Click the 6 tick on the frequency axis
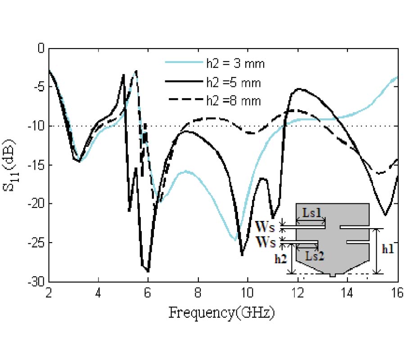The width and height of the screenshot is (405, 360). [148, 291]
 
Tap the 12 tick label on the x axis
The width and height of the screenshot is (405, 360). [297, 291]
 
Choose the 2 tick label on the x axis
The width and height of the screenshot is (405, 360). [49, 291]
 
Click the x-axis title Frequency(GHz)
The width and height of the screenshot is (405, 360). [221, 312]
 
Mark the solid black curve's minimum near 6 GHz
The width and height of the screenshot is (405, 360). [148, 271]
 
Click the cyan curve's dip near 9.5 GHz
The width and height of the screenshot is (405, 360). [235, 240]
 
